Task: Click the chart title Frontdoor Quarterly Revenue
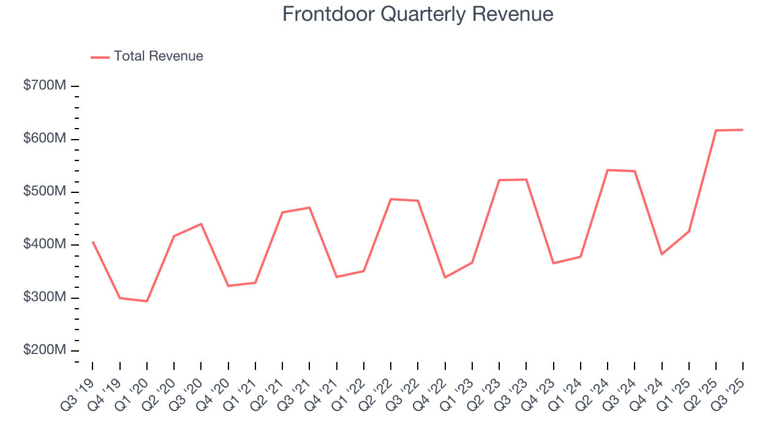[x=418, y=14]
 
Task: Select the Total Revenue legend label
[x=158, y=56]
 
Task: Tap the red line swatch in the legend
[x=100, y=57]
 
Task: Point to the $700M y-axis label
[x=44, y=86]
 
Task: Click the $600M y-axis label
[x=44, y=139]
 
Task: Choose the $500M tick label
[x=44, y=192]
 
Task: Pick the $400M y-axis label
[x=44, y=244]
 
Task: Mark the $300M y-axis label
[x=44, y=298]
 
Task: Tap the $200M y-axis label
[x=44, y=350]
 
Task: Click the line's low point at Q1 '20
[x=147, y=301]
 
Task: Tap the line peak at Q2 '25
[x=716, y=130]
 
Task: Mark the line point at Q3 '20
[x=201, y=224]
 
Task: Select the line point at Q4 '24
[x=662, y=254]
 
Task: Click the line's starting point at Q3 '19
[x=93, y=242]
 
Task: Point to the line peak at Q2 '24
[x=608, y=170]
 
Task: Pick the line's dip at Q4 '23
[x=553, y=263]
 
